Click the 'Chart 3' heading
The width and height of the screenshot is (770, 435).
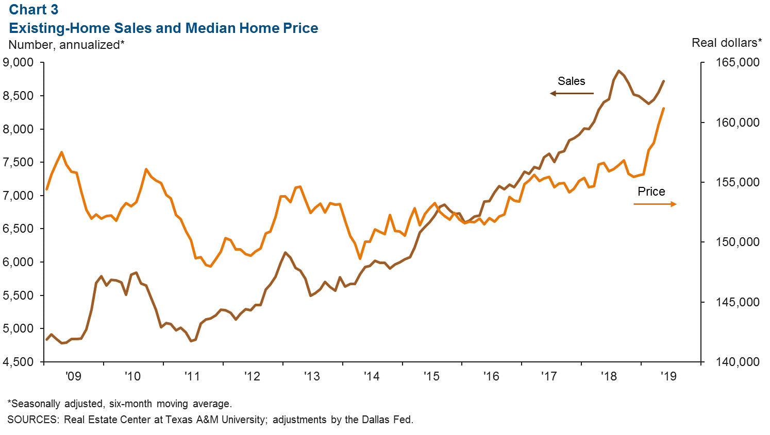tap(34, 10)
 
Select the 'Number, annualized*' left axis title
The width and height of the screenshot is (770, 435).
tap(66, 45)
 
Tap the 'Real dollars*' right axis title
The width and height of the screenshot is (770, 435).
tap(726, 43)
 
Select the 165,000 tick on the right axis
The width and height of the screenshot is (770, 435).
tap(737, 63)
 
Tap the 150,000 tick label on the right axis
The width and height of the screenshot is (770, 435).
tap(737, 242)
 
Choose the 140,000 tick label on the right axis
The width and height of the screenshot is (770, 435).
tap(737, 362)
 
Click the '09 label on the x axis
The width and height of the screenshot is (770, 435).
tap(73, 376)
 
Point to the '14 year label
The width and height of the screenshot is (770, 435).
tap(371, 376)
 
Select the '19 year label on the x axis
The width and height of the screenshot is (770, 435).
tap(668, 376)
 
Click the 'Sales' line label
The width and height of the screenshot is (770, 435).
tap(571, 81)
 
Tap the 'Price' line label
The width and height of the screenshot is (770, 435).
tap(651, 192)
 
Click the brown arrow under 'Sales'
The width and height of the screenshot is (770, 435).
tap(572, 94)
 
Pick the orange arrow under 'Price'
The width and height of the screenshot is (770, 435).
tap(655, 204)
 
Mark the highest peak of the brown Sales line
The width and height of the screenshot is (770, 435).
tap(618, 71)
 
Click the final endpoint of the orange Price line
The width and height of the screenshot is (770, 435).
tap(663, 109)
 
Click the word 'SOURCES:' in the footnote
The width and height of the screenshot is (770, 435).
tap(33, 420)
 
